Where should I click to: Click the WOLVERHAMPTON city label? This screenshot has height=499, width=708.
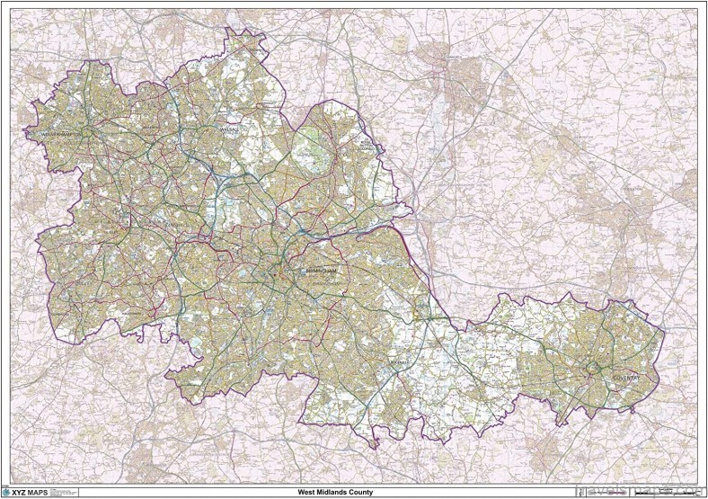pos(66,135)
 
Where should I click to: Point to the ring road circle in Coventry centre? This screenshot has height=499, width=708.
pos(594,368)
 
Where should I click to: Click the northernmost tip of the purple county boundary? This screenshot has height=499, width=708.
pos(232,28)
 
